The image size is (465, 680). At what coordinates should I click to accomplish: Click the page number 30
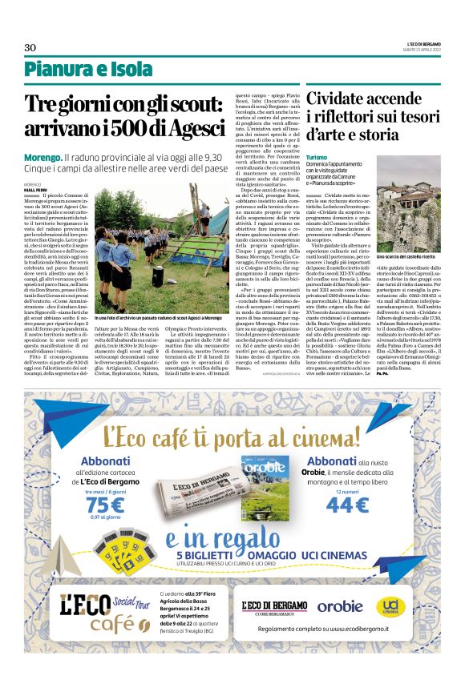30,47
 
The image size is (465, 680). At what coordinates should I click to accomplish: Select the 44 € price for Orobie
346,505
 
